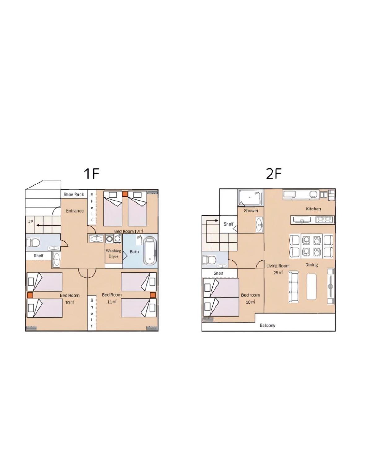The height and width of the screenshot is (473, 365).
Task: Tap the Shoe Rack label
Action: (74, 194)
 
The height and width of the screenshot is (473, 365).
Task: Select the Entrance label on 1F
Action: (75, 211)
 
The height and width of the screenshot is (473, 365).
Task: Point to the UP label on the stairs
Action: (30, 222)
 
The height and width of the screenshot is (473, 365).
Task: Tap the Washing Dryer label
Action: (113, 253)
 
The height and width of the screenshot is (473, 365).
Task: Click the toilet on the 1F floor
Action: (33, 242)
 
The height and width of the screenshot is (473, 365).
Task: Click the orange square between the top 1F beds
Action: (125, 194)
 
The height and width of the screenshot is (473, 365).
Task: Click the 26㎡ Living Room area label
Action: (278, 272)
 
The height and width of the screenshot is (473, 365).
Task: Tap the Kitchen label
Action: (314, 209)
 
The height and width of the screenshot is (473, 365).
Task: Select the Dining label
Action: (311, 265)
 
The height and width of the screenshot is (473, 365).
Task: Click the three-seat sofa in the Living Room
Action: (293, 287)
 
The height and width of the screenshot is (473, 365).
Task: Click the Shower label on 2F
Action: (251, 210)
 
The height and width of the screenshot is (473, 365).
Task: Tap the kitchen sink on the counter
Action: (302, 220)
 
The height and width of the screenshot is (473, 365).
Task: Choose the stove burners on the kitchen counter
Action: (324, 220)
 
